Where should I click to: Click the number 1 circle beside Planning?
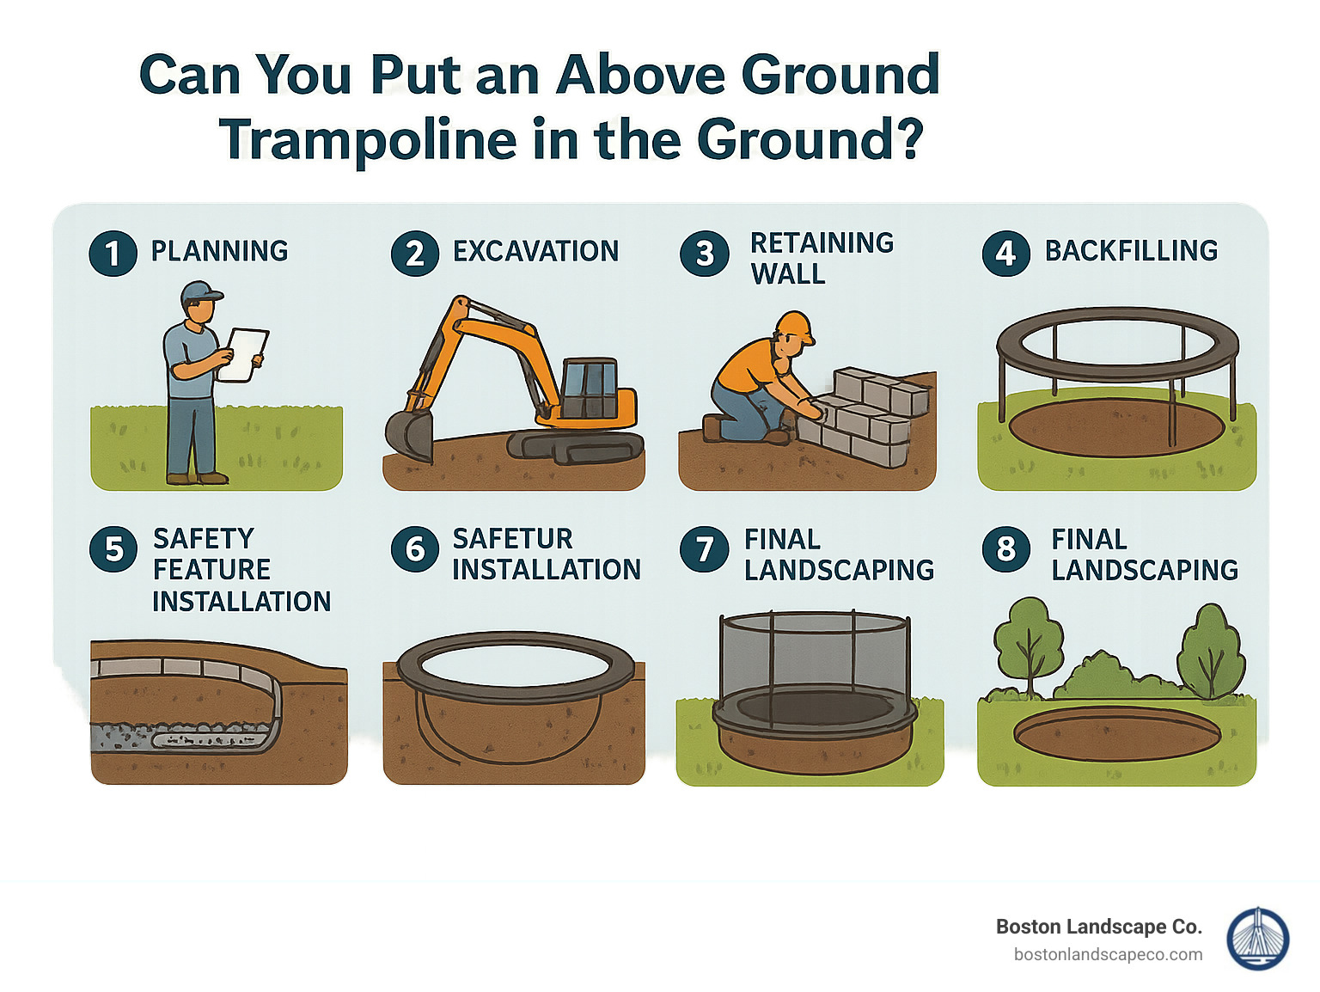click(x=113, y=254)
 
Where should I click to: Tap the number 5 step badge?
click(x=113, y=549)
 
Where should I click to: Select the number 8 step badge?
click(x=1005, y=549)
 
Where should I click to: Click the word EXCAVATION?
click(x=535, y=252)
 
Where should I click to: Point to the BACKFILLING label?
click(x=1131, y=251)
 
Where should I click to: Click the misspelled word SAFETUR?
click(x=512, y=539)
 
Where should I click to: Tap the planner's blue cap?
click(x=200, y=292)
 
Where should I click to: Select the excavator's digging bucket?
click(x=409, y=434)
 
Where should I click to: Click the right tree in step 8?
click(x=1211, y=649)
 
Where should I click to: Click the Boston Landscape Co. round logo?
click(x=1257, y=939)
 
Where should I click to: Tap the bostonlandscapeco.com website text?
click(x=1108, y=955)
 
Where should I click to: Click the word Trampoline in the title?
click(x=368, y=139)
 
